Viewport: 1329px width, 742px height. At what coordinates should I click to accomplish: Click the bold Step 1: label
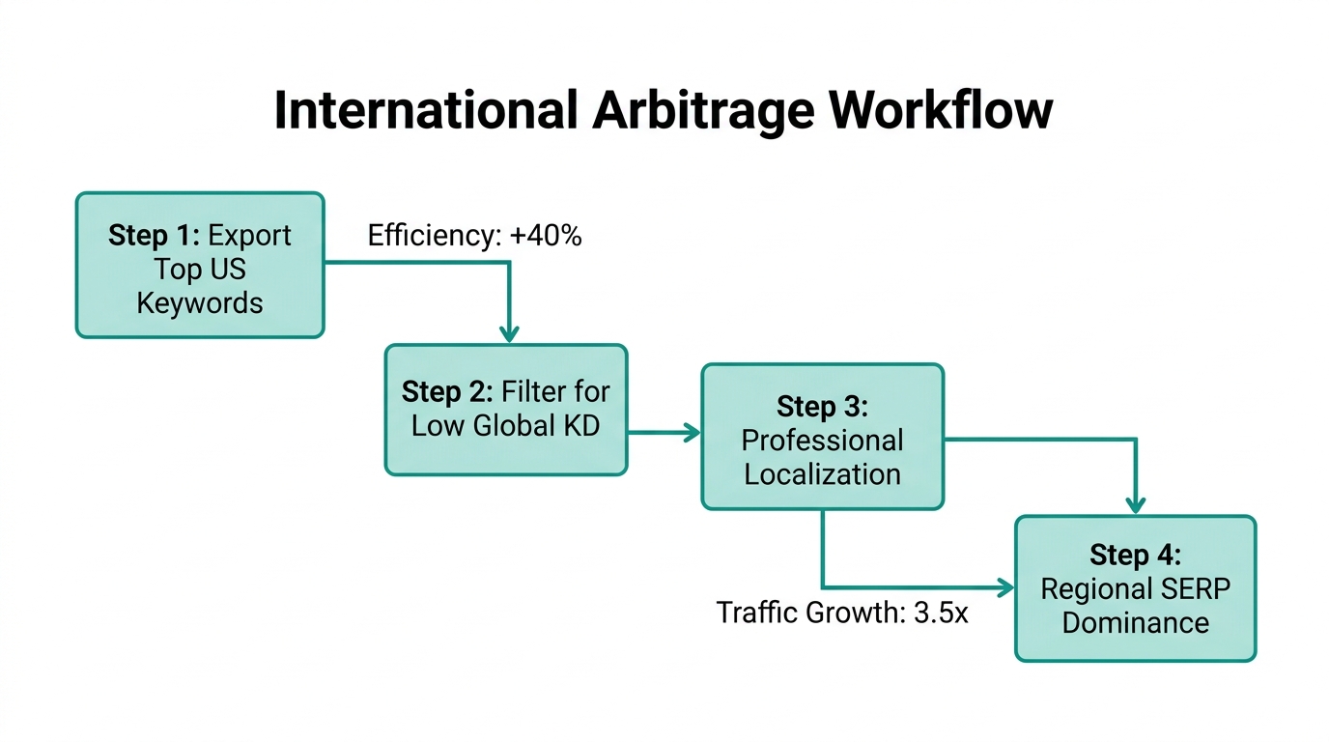point(155,236)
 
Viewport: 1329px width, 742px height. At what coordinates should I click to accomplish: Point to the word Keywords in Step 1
point(200,302)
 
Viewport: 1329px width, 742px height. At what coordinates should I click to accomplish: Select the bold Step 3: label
point(822,408)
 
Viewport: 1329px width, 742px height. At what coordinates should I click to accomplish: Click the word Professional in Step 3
point(822,441)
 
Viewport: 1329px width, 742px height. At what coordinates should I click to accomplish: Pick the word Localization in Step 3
point(822,474)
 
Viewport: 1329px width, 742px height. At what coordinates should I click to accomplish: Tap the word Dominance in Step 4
point(1135,622)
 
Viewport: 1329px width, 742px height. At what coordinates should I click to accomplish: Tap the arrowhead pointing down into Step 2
point(509,333)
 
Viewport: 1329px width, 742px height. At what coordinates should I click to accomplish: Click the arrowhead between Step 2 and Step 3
point(692,433)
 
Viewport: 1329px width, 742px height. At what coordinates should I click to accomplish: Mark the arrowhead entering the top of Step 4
point(1136,504)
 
